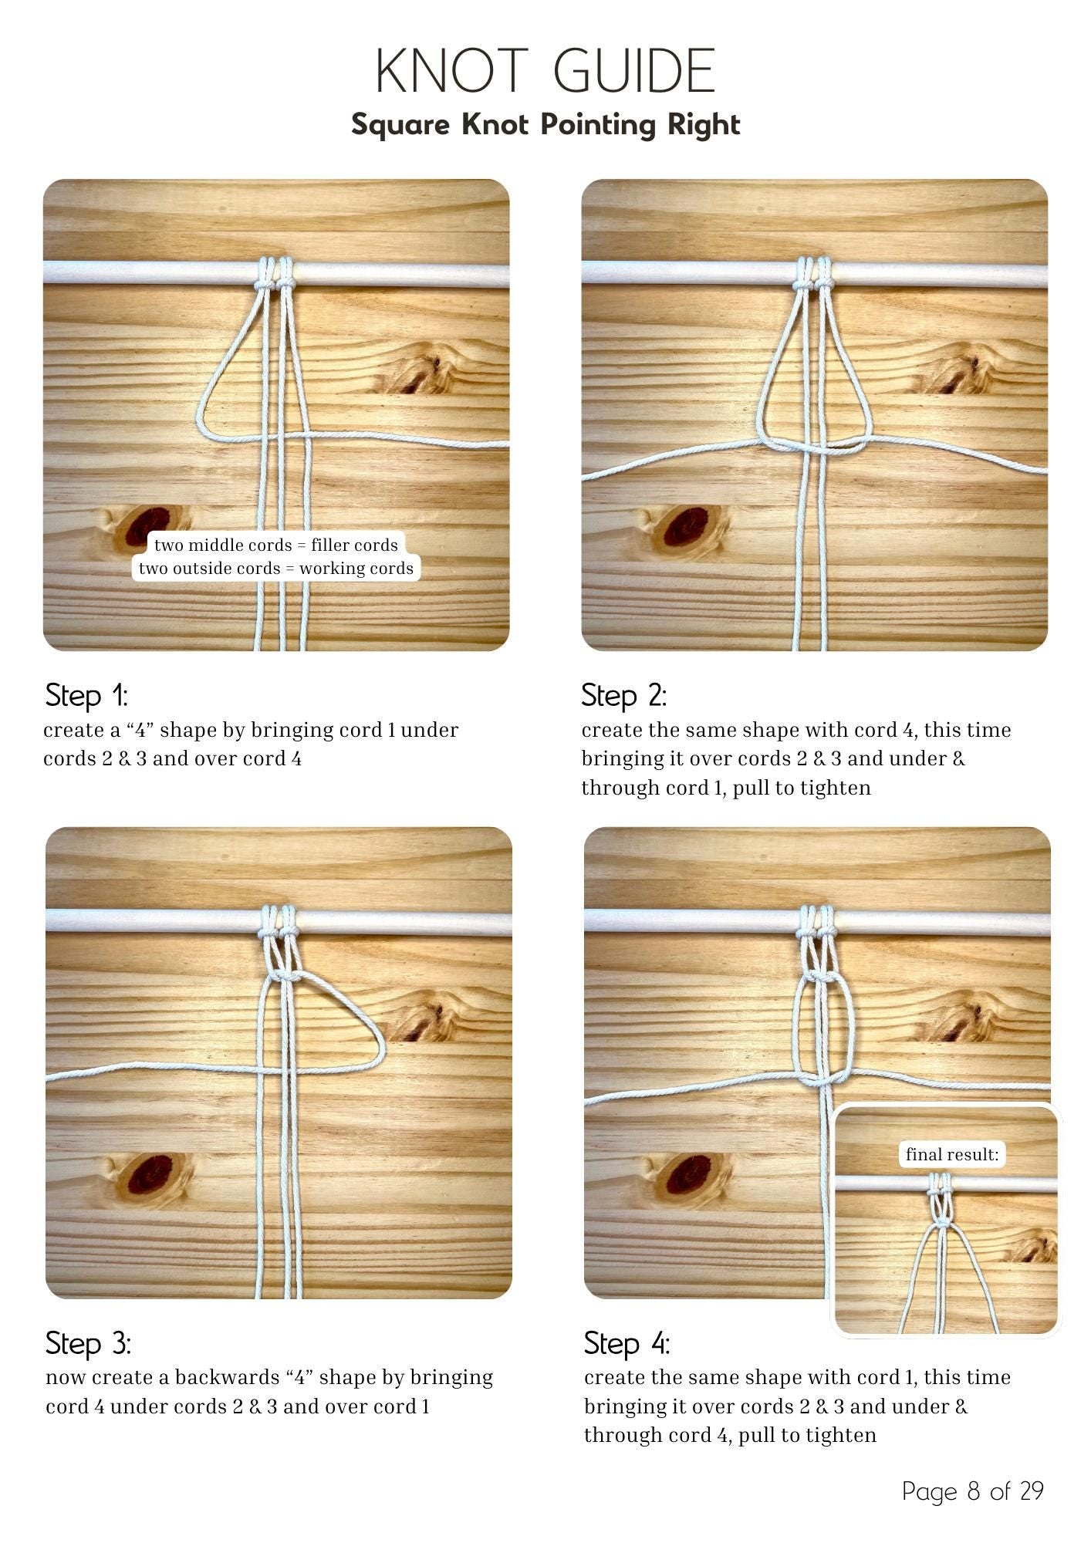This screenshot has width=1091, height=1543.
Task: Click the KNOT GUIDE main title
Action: [545, 71]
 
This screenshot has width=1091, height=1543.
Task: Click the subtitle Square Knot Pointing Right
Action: [545, 124]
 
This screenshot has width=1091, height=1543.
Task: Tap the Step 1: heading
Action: [86, 695]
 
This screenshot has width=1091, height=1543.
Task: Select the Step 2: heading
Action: [623, 695]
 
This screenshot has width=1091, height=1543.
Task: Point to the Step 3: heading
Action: [89, 1343]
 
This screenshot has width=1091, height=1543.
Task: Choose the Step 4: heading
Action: [627, 1343]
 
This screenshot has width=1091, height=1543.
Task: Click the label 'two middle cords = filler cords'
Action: [276, 545]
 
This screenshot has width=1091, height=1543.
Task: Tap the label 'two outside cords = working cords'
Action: [276, 569]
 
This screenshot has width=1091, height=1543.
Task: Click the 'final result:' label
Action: [952, 1154]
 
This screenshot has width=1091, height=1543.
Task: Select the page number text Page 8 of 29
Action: [972, 1491]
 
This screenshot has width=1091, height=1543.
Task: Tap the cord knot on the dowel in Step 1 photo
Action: [275, 284]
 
